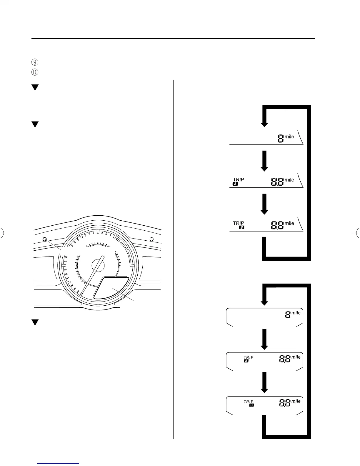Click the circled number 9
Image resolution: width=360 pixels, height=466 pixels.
(35, 62)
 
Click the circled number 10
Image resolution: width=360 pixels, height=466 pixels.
(35, 72)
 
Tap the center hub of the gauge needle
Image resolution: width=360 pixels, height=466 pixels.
(98, 265)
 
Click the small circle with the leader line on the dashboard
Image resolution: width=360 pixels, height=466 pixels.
(45, 239)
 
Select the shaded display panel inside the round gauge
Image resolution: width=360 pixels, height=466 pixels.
(111, 288)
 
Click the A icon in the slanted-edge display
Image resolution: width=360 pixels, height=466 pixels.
(235, 184)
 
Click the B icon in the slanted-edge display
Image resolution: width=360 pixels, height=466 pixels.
(242, 227)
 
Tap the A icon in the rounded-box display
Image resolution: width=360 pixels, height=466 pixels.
(246, 361)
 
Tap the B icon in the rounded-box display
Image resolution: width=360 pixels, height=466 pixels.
(251, 405)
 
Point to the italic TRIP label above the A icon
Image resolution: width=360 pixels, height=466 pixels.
(249, 357)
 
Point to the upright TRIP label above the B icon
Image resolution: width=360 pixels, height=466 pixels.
(238, 223)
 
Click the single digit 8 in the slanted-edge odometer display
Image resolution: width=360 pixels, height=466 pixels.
(281, 139)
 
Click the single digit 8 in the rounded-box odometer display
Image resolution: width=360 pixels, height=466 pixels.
(288, 315)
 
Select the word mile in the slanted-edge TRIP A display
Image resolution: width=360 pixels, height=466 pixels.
(289, 180)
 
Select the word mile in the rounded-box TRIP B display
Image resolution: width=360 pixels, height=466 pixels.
(296, 401)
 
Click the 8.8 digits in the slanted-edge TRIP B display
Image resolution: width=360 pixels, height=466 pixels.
(277, 226)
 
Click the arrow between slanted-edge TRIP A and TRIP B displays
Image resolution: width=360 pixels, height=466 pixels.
(264, 204)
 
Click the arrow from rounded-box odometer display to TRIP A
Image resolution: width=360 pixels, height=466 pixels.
(264, 339)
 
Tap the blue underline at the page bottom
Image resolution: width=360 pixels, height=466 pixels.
(59, 464)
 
